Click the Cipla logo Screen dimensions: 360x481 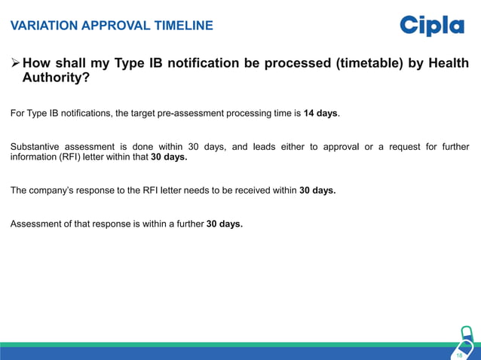coord(432,26)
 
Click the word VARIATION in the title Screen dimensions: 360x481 coord(41,26)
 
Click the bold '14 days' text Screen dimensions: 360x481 coord(320,114)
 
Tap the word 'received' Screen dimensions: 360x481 coord(252,191)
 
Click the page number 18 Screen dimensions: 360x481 coord(459,354)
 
